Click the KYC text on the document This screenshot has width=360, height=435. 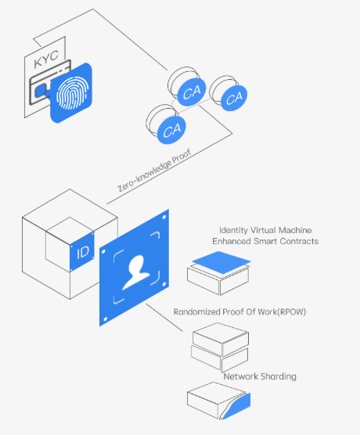[46, 59]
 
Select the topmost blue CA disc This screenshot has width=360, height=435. [192, 92]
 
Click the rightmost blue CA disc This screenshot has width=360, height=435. [234, 98]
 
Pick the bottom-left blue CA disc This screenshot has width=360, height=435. [172, 130]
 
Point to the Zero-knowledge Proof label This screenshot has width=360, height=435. [154, 171]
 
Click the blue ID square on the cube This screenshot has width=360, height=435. [82, 252]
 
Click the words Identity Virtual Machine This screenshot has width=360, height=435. [265, 230]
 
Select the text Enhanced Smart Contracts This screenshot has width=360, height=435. [265, 241]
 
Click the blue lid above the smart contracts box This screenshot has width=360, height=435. [221, 262]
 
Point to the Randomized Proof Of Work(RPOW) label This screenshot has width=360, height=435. [239, 312]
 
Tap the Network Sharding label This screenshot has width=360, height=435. [260, 376]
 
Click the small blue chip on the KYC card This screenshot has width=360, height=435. [41, 91]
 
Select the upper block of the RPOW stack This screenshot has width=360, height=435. [221, 339]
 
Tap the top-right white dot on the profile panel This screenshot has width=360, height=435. [164, 217]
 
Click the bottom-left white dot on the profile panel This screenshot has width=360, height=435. [105, 319]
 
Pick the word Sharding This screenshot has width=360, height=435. [279, 376]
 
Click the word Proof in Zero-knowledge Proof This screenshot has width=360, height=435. [182, 156]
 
